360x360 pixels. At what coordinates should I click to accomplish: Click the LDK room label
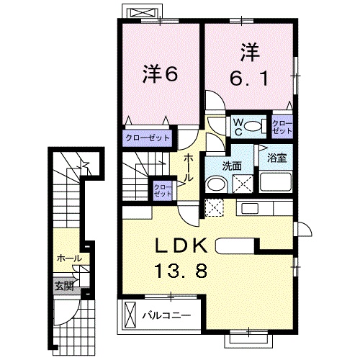[x=183, y=246]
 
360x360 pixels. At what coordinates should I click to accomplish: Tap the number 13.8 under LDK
[x=183, y=272]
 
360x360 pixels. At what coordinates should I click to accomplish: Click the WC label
[x=236, y=125]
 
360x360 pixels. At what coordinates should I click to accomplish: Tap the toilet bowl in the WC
[x=252, y=127]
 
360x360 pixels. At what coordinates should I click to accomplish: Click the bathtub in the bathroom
[x=275, y=182]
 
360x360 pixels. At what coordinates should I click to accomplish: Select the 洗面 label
[x=230, y=165]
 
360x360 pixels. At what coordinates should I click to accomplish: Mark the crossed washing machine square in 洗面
[x=242, y=182]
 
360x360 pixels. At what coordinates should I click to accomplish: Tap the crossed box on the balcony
[x=131, y=315]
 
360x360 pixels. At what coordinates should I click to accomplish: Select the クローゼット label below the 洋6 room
[x=147, y=137]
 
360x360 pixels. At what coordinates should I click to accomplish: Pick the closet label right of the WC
[x=281, y=127]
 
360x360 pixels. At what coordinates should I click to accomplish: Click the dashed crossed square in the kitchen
[x=213, y=208]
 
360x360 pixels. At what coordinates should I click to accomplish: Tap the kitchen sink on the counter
[x=251, y=209]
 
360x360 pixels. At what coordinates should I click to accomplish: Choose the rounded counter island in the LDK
[x=240, y=245]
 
